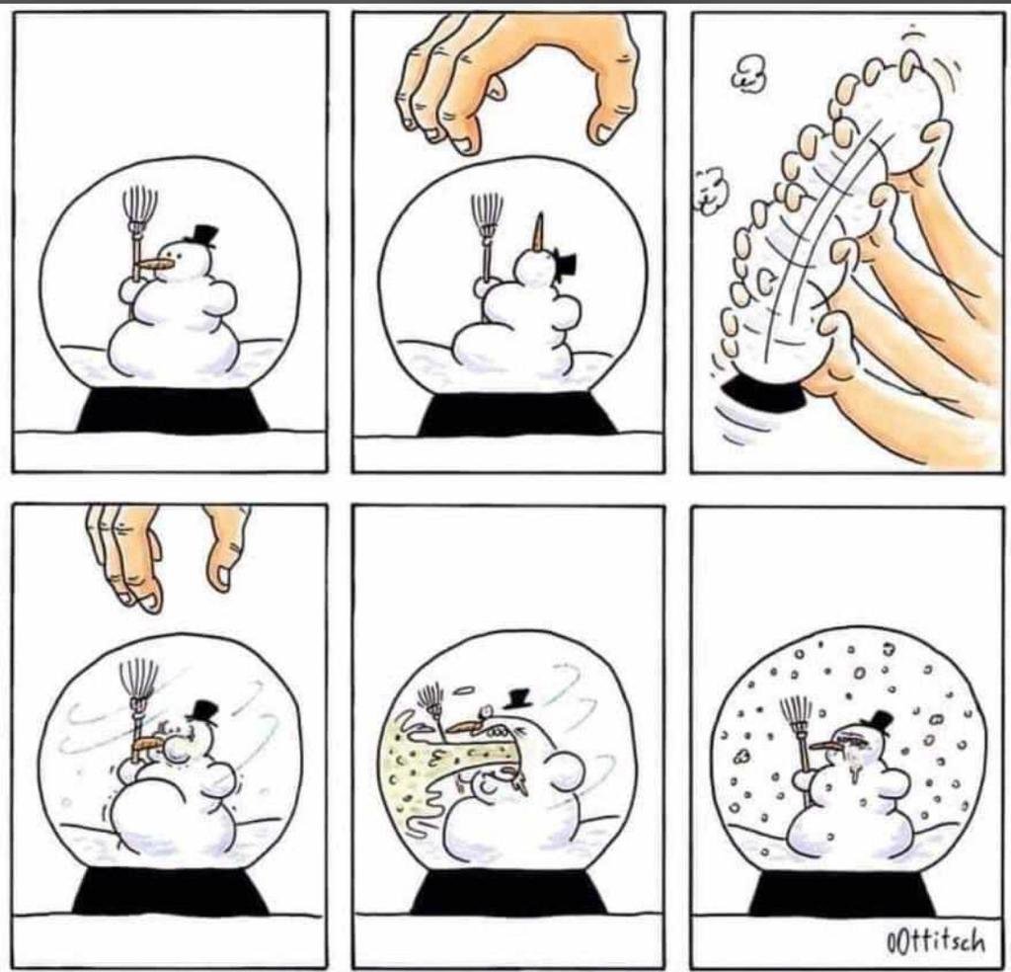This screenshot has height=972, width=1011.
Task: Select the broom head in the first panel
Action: tap(139, 205)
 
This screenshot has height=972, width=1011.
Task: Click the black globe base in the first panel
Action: tap(172, 409)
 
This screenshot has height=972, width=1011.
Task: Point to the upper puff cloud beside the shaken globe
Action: tap(749, 72)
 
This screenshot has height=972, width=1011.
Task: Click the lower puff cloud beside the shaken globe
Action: tap(712, 189)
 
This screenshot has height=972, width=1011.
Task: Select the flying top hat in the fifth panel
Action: tap(517, 697)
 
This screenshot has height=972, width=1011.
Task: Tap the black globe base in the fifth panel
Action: tap(509, 891)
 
